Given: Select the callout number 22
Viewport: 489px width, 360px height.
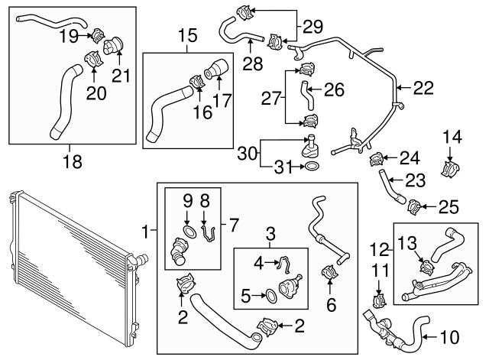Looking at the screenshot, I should click(423, 89).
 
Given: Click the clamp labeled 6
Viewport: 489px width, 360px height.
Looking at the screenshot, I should click(331, 274).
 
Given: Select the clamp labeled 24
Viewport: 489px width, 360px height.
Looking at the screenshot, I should click(376, 159).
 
